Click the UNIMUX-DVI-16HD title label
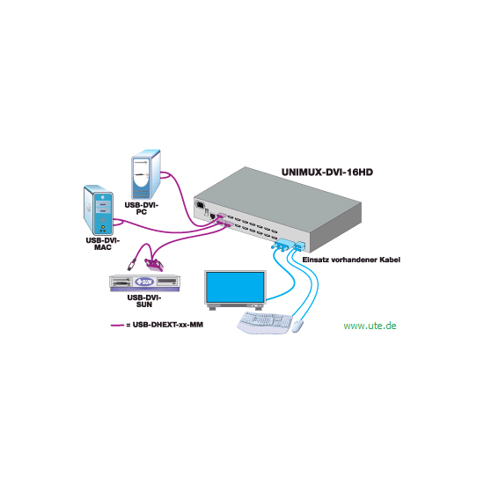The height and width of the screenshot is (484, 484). [x=327, y=172]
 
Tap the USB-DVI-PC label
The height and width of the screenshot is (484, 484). [x=142, y=209]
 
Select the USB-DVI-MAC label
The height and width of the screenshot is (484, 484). [x=103, y=244]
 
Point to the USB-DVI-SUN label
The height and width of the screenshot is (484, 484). [x=144, y=301]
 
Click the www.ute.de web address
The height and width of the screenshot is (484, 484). [x=370, y=326]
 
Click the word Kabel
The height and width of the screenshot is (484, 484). [x=390, y=260]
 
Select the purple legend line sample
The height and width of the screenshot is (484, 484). [x=117, y=325]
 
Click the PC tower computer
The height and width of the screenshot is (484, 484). [x=146, y=175]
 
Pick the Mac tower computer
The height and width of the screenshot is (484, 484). [x=99, y=210]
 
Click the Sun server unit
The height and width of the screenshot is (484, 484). [x=144, y=282]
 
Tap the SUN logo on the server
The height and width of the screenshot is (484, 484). [x=144, y=282]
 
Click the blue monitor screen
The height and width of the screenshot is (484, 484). [x=235, y=288]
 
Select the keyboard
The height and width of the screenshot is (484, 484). [x=265, y=322]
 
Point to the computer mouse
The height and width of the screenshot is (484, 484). [x=297, y=326]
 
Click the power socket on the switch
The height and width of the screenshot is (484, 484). [x=200, y=204]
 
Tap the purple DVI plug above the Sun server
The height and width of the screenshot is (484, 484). [x=154, y=266]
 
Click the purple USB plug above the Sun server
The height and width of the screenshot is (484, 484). [x=132, y=265]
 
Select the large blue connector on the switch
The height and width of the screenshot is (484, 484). [x=282, y=244]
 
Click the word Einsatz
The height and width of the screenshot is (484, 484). [x=312, y=260]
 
